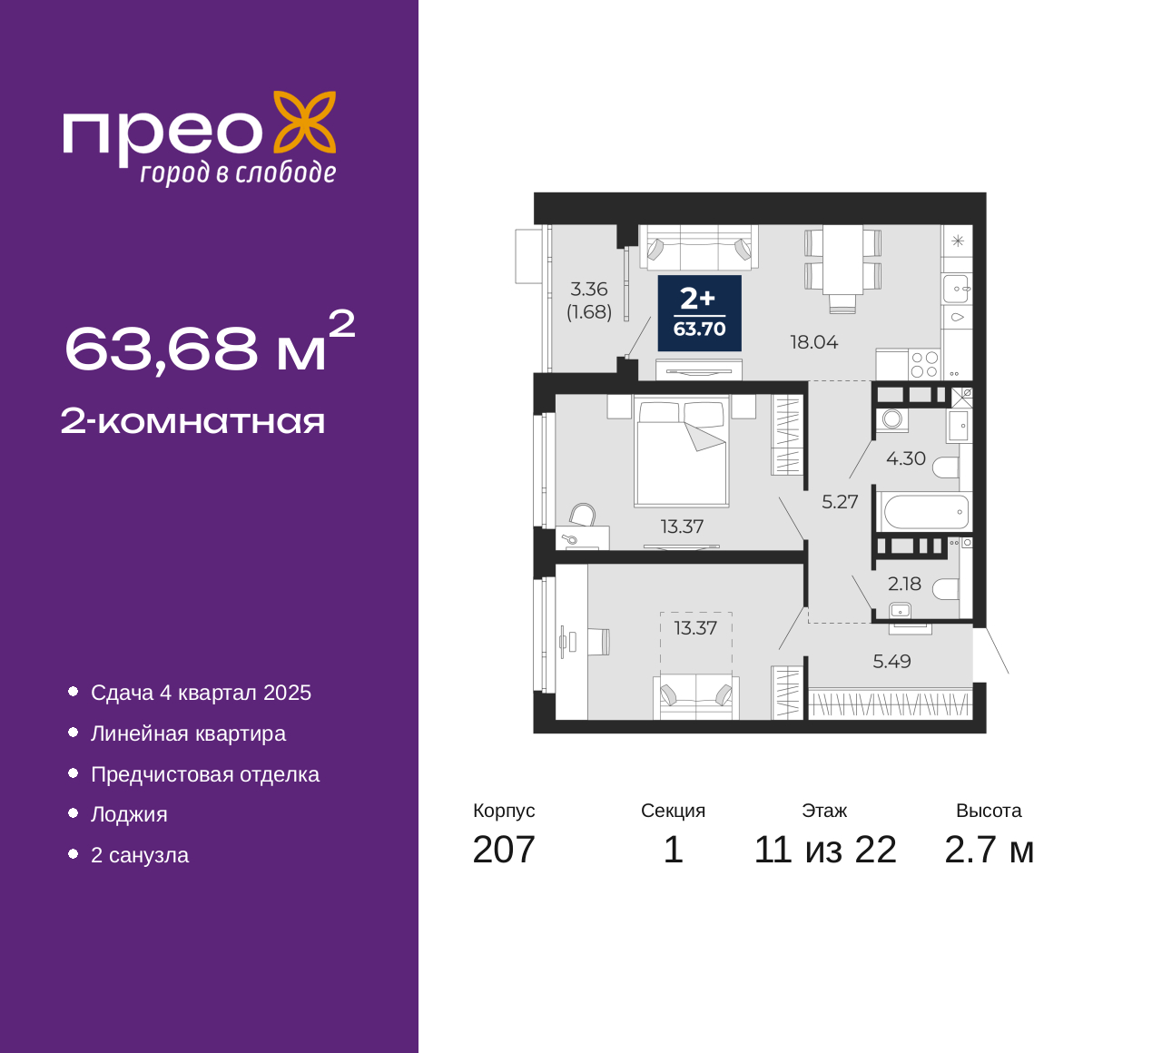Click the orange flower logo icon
304,122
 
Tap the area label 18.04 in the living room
814,342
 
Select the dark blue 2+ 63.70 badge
699,313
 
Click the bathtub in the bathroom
926,511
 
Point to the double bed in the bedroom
681,450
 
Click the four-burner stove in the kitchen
924,364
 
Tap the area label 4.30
906,458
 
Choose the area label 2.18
904,584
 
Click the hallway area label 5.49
891,661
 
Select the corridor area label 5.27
840,502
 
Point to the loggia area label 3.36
589,289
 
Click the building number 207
503,850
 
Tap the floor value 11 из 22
825,850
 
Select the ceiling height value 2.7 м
989,850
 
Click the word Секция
673,811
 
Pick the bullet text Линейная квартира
188,733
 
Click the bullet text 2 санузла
140,855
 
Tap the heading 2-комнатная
192,422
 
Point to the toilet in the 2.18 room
945,589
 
